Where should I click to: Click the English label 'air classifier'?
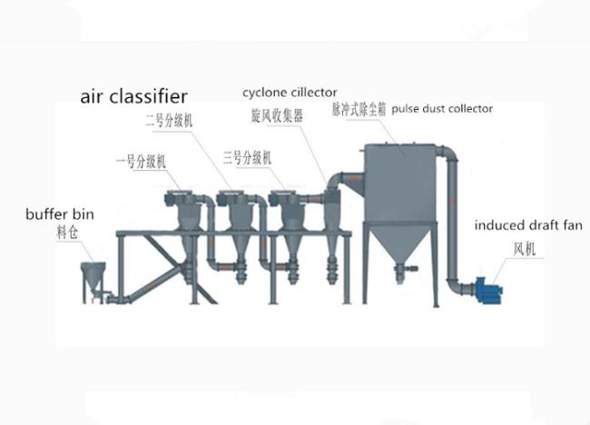click(133, 94)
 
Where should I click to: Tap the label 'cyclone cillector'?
click(290, 92)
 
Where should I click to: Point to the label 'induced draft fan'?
click(530, 225)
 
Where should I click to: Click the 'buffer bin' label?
click(59, 216)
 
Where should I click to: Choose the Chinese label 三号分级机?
click(246, 156)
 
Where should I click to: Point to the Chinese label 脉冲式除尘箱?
click(359, 109)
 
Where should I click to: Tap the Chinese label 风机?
click(526, 246)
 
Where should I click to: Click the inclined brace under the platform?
click(163, 272)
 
